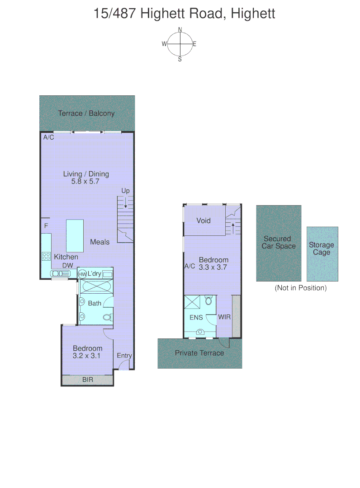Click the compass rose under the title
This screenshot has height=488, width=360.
click(x=180, y=44)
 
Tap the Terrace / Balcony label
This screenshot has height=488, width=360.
click(x=86, y=113)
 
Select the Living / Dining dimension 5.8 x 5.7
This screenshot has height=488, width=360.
click(x=86, y=182)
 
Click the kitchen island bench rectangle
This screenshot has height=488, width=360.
click(x=75, y=236)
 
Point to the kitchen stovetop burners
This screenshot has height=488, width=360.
click(x=46, y=257)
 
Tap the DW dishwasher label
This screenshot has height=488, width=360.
click(x=68, y=266)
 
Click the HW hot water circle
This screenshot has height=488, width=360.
click(x=82, y=274)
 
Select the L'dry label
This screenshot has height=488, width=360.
click(x=95, y=274)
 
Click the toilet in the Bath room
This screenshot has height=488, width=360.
click(x=108, y=317)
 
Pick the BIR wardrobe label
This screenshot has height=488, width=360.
click(x=88, y=380)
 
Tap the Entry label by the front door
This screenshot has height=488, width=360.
click(x=124, y=356)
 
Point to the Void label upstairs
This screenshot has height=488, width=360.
click(x=204, y=221)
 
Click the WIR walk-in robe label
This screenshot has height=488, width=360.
click(x=224, y=317)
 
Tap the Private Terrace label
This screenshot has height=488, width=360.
click(x=199, y=353)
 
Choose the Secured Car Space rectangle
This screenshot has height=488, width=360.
click(x=279, y=243)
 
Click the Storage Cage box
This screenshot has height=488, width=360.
click(x=322, y=253)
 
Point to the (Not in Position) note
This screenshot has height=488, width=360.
click(x=300, y=288)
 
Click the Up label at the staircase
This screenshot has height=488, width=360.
click(x=125, y=191)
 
